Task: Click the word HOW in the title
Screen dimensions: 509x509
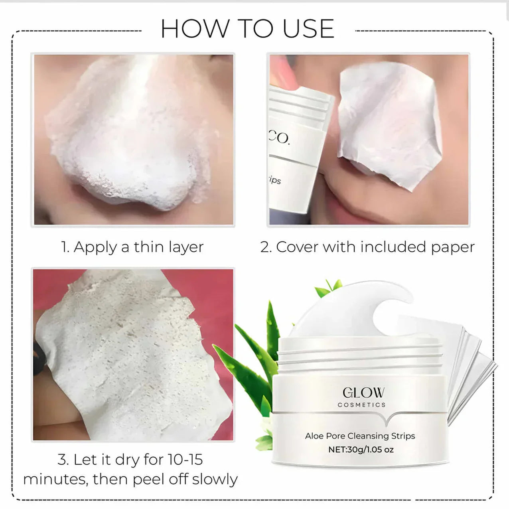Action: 195,29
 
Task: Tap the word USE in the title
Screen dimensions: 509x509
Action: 308,29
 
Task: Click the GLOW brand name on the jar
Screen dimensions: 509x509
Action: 363,393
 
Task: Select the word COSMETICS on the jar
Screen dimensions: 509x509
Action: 361,405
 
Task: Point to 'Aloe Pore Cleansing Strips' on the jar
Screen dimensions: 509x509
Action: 360,436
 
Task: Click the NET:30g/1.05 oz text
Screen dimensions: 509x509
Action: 361,450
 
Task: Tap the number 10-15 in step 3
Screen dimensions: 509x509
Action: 185,460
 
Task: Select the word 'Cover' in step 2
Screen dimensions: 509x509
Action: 297,247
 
